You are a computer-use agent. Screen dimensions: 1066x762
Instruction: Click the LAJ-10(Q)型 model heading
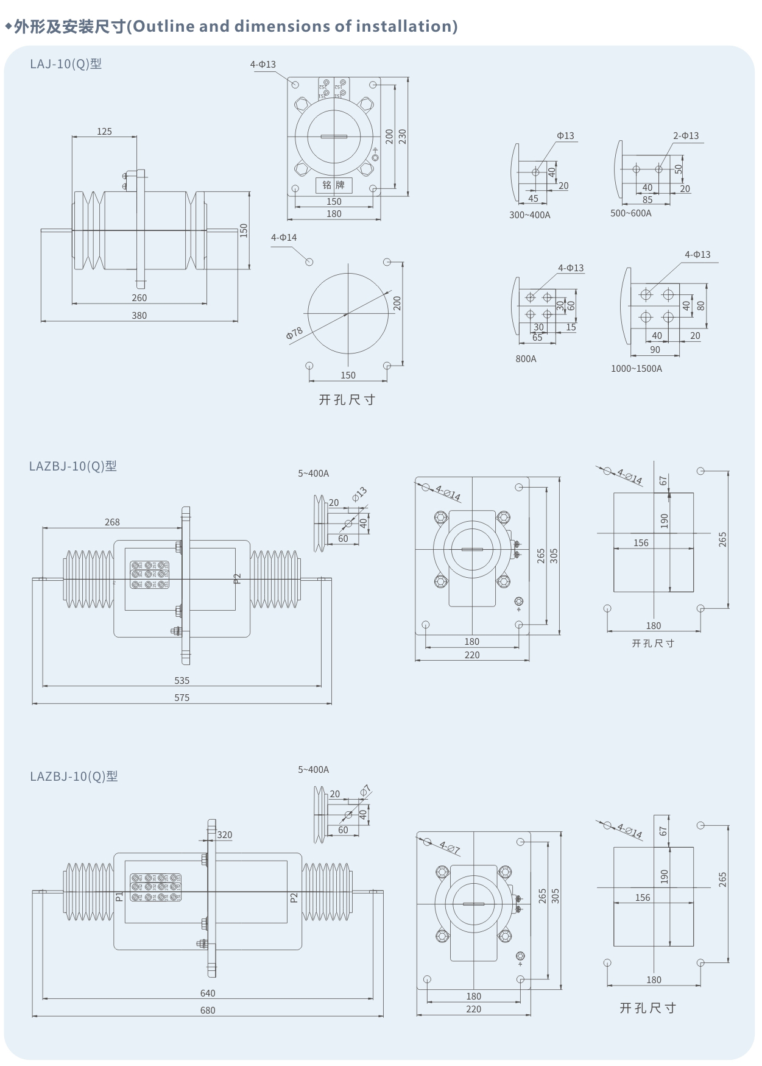(66, 64)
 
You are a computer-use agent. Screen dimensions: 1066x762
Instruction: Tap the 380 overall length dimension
(139, 316)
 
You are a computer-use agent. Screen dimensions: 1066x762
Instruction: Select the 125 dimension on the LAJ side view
(104, 132)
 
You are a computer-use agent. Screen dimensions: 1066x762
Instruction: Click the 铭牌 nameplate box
(333, 185)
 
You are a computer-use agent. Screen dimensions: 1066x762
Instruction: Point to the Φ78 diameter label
(295, 334)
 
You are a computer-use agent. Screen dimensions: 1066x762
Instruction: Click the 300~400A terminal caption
(529, 215)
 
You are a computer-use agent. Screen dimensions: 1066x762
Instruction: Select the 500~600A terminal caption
(630, 213)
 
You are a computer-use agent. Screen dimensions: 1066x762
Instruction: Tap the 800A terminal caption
(526, 359)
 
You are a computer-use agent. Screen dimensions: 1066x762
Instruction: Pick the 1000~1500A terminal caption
(636, 369)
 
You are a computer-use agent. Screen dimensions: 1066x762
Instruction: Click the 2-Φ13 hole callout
(685, 136)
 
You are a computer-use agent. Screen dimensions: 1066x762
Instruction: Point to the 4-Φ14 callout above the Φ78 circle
(284, 238)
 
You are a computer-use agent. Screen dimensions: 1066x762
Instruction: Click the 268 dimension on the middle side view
(112, 522)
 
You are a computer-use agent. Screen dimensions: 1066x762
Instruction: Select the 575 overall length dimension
(182, 698)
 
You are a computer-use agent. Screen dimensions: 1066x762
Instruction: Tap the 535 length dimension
(182, 681)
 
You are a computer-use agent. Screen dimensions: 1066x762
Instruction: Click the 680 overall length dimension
(208, 1011)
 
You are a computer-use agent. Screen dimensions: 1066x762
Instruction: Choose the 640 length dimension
(208, 993)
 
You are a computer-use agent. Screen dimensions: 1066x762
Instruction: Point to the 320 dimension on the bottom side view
(224, 835)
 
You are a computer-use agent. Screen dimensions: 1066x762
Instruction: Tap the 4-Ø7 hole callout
(450, 848)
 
